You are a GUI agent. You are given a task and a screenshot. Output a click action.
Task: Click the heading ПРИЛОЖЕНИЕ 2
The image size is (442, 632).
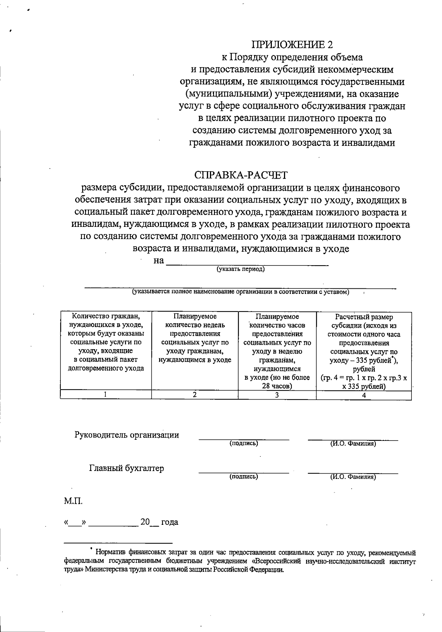(x=292, y=45)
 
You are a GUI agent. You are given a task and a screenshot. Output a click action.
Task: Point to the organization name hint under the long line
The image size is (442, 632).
(x=241, y=292)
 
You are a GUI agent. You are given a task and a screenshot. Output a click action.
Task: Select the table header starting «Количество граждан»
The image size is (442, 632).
(x=106, y=342)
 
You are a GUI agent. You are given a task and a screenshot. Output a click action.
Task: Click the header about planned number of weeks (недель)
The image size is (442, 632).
(x=195, y=338)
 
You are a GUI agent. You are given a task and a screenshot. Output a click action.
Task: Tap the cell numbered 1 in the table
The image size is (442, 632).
(x=106, y=394)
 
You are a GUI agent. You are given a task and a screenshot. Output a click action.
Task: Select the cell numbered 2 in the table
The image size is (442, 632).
(x=194, y=394)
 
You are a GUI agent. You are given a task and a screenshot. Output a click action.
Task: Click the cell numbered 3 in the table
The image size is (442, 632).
(x=277, y=395)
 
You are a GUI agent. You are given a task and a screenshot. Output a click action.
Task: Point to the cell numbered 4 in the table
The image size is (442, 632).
(x=364, y=395)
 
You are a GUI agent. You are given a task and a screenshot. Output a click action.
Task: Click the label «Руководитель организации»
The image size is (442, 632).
(x=127, y=435)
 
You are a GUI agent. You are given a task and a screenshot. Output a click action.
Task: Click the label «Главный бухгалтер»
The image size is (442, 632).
(x=127, y=468)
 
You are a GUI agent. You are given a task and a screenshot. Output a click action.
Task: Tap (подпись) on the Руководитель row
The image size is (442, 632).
(x=243, y=443)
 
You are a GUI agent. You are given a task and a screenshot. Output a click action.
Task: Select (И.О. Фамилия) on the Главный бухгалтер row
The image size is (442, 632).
(x=353, y=477)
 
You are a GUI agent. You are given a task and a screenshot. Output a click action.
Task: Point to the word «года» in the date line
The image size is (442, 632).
(x=169, y=522)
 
